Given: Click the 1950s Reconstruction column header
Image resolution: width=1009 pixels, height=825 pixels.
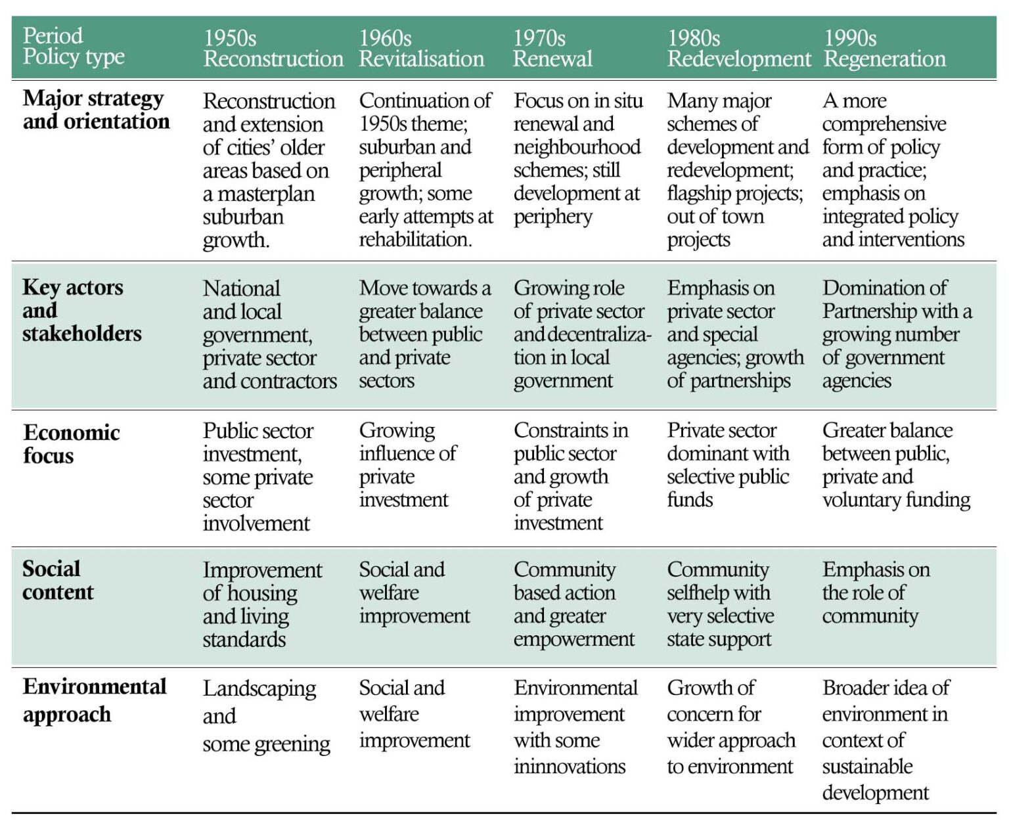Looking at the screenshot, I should click(273, 48).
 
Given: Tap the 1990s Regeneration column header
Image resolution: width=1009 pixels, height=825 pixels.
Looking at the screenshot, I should click(884, 48).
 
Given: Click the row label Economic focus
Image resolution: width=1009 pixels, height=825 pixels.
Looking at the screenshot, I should click(71, 444).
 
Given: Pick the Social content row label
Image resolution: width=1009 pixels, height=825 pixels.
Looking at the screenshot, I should click(58, 580).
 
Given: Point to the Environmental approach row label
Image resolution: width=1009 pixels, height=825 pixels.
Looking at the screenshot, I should click(94, 700).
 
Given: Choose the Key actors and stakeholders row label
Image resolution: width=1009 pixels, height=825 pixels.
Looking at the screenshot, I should click(81, 310).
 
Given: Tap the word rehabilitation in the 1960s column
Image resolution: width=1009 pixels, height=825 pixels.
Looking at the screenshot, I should click(415, 240).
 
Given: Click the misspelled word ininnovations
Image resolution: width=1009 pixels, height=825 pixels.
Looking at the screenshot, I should click(570, 767).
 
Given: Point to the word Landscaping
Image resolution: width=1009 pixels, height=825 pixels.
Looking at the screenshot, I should click(259, 688).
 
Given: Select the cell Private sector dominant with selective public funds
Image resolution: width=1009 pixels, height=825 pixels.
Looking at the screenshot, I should click(728, 465).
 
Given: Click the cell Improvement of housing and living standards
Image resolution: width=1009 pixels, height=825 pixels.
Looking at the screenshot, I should click(262, 604).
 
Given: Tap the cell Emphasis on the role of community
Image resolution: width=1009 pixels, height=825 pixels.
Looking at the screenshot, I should click(876, 592).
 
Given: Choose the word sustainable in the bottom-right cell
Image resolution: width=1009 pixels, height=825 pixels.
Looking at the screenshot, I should click(867, 767).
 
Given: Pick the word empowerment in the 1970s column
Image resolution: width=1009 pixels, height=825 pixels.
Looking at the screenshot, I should click(573, 640).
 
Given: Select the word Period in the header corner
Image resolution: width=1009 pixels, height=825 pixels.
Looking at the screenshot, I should click(53, 35).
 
